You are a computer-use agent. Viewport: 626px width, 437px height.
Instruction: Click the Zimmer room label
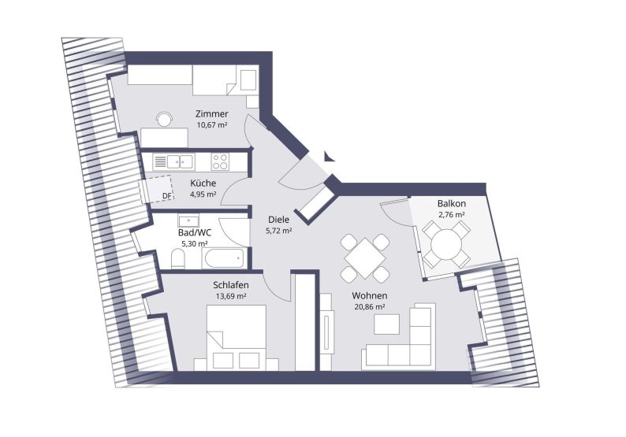pyautogui.click(x=211, y=114)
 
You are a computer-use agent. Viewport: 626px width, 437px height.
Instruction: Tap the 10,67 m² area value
pyautogui.click(x=211, y=124)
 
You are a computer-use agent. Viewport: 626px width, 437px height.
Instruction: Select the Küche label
pyautogui.click(x=203, y=183)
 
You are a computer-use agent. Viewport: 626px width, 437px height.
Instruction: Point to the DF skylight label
pyautogui.click(x=167, y=196)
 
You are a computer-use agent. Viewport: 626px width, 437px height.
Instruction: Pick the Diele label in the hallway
pyautogui.click(x=278, y=220)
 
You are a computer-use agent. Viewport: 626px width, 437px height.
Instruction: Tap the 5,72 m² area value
pyautogui.click(x=278, y=231)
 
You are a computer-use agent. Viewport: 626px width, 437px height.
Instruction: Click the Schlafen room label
pyautogui.click(x=230, y=285)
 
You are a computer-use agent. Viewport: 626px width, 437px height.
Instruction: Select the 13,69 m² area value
pyautogui.click(x=230, y=296)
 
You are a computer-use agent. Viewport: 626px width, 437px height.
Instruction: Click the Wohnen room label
pyautogui.click(x=369, y=296)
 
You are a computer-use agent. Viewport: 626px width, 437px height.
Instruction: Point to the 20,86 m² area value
pyautogui.click(x=369, y=307)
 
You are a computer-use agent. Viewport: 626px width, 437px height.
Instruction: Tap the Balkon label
pyautogui.click(x=451, y=203)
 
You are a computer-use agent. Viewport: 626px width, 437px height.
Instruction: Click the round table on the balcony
pyautogui.click(x=446, y=243)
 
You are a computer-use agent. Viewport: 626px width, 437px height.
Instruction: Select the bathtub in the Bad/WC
pyautogui.click(x=224, y=258)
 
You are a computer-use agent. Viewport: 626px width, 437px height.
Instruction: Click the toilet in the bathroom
pyautogui.click(x=177, y=259)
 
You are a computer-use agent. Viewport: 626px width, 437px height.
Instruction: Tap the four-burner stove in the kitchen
pyautogui.click(x=220, y=162)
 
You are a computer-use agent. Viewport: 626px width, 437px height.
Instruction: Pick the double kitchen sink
pyautogui.click(x=181, y=161)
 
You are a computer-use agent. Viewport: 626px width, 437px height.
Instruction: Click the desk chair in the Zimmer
pyautogui.click(x=164, y=119)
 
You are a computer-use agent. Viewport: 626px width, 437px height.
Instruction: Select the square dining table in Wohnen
pyautogui.click(x=365, y=258)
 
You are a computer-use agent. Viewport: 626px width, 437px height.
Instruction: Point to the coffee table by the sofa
pyautogui.click(x=386, y=324)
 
